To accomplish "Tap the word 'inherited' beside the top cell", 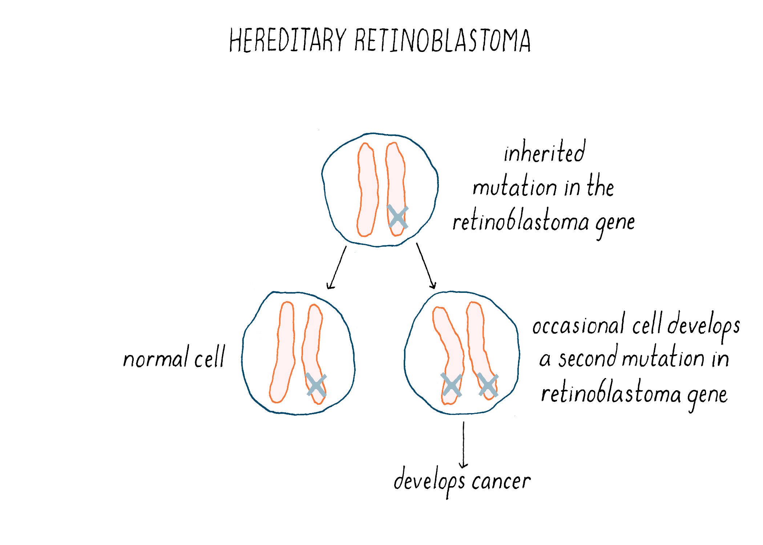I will (544, 152).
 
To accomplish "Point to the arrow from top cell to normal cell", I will (337, 267).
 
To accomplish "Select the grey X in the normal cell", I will (316, 385).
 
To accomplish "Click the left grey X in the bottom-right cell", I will (451, 385).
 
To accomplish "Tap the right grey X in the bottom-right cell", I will (488, 385).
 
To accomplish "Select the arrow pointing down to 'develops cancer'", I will (463, 445).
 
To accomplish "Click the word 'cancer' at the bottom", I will (501, 481).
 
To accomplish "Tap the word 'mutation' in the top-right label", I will (514, 187).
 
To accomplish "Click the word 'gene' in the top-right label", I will (615, 222).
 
